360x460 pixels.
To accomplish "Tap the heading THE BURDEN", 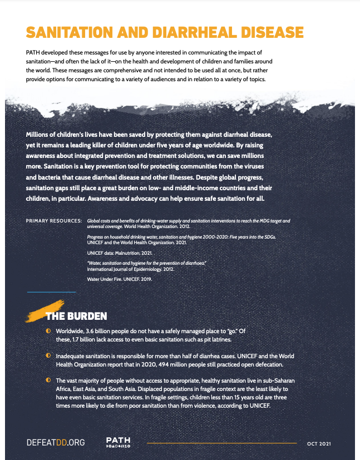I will (76, 316).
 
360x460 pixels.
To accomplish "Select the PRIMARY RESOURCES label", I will (54, 221).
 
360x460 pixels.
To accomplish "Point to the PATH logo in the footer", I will (118, 442).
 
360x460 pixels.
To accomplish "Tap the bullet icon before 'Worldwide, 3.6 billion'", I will (48, 332).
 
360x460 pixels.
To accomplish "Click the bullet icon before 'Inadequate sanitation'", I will (48, 355).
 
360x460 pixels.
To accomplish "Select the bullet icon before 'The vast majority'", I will (48, 379).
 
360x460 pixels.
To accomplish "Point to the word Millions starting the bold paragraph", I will (42, 135).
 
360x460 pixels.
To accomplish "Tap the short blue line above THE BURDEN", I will (51, 292).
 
